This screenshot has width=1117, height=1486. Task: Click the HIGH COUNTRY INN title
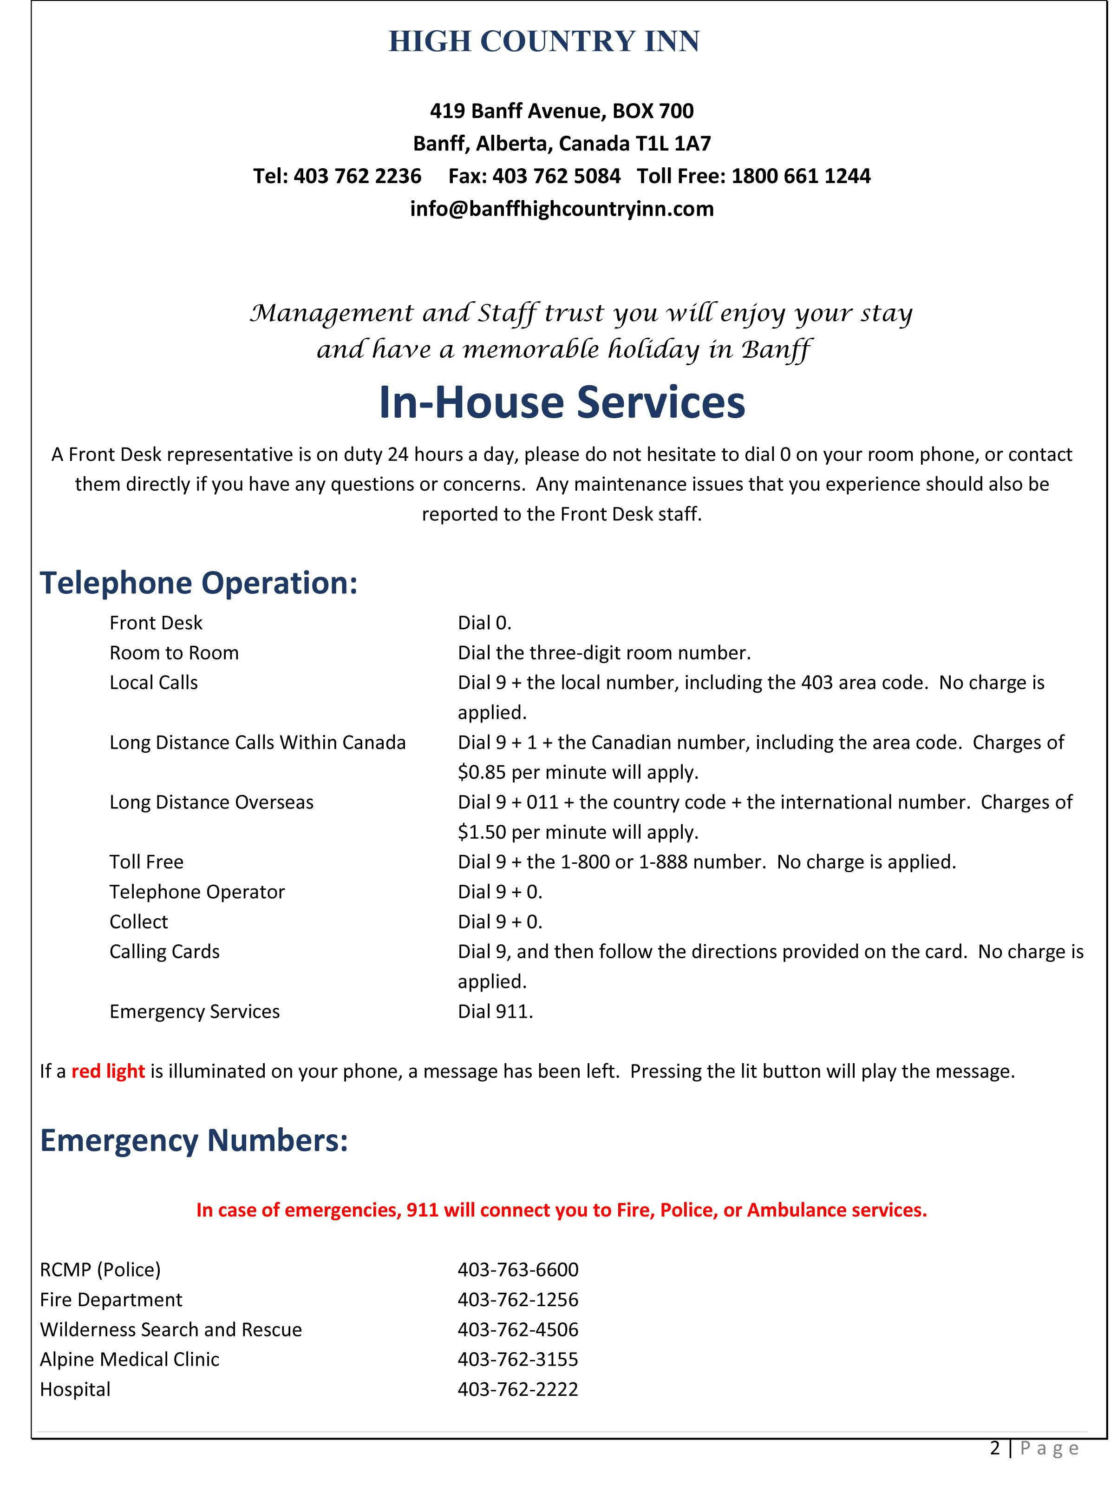[543, 42]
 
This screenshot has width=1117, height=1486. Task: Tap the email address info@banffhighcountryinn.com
[562, 209]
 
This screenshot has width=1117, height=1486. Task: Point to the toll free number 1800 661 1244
[801, 176]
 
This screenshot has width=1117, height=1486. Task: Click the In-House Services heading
[562, 402]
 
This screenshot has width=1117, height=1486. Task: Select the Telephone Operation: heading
[199, 582]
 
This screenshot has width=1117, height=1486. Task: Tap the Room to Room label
[174, 653]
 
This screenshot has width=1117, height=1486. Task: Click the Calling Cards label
[164, 951]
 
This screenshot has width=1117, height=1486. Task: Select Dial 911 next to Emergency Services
[495, 1011]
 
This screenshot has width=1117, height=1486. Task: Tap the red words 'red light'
[108, 1071]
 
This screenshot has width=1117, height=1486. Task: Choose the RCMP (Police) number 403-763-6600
[518, 1269]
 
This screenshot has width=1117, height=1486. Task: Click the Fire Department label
[111, 1299]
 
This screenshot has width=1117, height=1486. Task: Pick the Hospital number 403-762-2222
[518, 1388]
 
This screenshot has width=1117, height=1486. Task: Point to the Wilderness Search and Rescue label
[170, 1329]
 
